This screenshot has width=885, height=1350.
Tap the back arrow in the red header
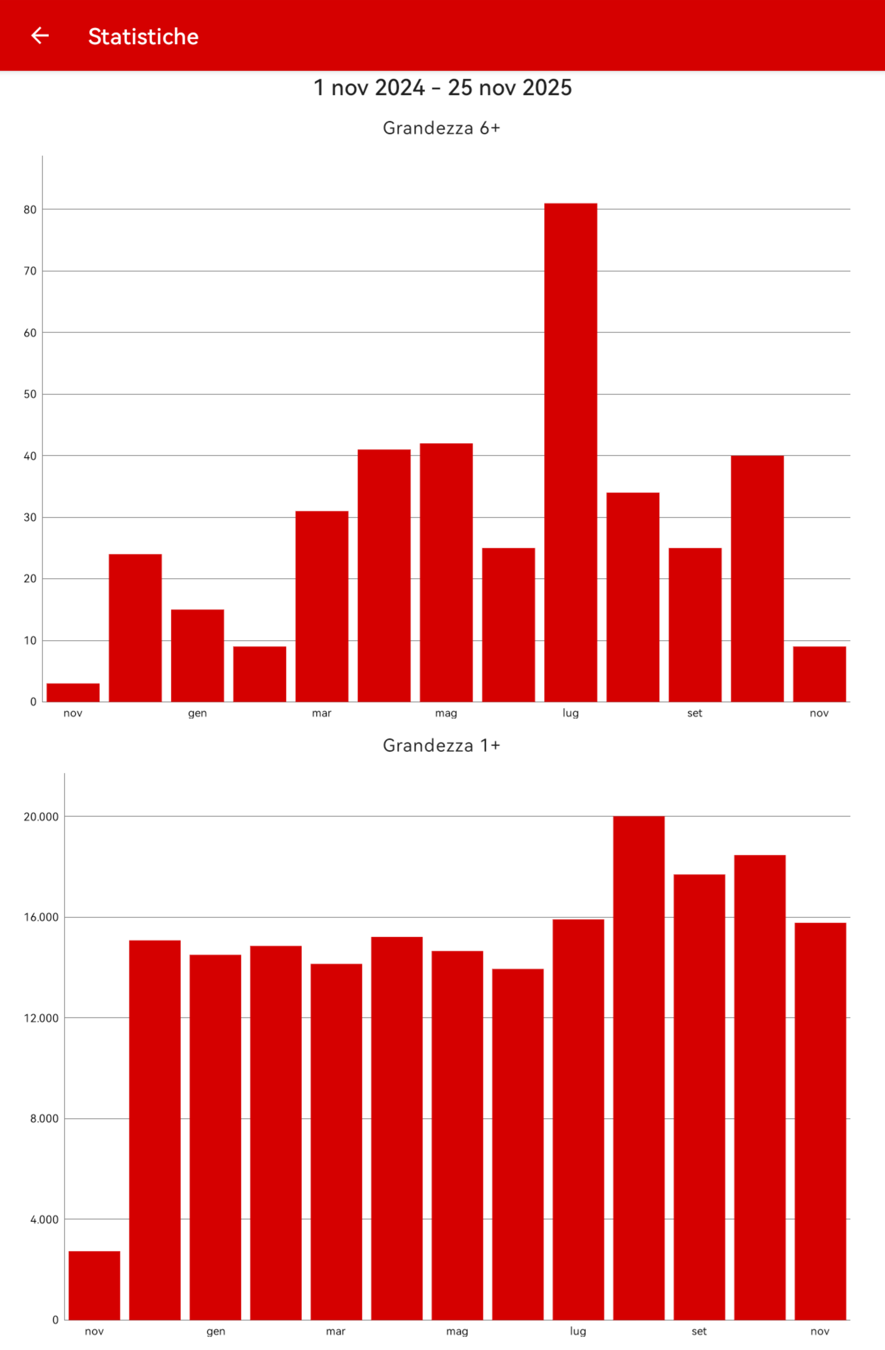point(40,36)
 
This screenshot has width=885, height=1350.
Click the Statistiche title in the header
point(143,37)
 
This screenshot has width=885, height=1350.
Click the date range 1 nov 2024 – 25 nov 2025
point(443,88)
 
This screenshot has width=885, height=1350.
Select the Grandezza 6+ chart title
point(441,128)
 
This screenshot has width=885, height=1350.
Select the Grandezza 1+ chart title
point(441,745)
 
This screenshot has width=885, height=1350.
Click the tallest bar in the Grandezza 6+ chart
point(570,453)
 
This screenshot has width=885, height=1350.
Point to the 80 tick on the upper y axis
point(30,210)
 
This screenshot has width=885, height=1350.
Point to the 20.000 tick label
point(41,817)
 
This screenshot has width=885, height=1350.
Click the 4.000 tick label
point(44,1219)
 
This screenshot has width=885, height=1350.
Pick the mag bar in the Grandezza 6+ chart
point(446,573)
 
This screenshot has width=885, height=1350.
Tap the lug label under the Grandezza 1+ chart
point(577,1331)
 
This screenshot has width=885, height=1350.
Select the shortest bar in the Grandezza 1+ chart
point(94,1285)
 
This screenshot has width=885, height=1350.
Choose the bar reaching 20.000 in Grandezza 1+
point(638,1068)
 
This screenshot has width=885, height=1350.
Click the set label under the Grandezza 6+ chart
point(695,713)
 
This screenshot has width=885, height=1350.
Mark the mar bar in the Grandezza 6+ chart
point(321,607)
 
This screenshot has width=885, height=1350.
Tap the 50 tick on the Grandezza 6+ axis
point(30,394)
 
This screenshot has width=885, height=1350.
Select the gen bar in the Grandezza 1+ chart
point(215,1138)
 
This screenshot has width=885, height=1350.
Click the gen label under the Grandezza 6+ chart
point(197,714)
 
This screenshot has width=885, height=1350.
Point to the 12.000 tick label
point(41,1018)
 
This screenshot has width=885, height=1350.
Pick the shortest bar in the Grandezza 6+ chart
point(73,693)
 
